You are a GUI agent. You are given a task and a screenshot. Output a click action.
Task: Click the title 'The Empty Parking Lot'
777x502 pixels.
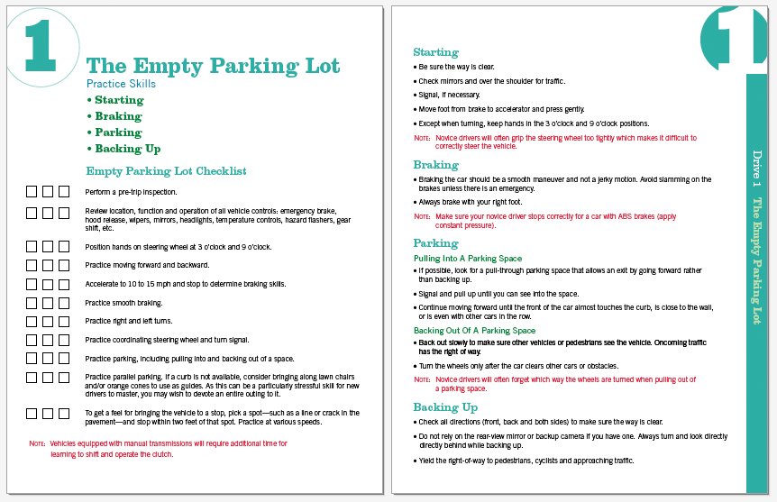point(213,66)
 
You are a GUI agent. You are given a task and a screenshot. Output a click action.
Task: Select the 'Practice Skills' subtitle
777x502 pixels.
point(121,84)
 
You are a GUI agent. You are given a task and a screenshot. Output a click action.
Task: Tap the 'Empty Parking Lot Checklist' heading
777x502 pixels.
point(166,170)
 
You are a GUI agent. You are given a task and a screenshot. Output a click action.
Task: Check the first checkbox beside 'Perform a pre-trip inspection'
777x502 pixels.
point(32,191)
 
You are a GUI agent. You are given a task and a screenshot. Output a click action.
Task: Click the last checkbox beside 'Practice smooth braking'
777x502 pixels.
point(64,303)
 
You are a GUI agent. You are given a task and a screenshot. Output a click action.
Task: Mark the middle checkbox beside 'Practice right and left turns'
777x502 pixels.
point(48,321)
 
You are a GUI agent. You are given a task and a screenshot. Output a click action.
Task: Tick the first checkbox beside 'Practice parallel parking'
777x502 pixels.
point(32,377)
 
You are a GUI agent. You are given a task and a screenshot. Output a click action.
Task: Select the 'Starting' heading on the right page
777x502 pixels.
point(435,52)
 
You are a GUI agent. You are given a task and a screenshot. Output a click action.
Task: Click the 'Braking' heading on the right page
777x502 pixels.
point(435,165)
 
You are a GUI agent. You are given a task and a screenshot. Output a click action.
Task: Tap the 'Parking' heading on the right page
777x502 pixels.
point(435,243)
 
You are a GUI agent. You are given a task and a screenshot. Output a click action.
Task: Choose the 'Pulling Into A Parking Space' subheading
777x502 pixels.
point(467,259)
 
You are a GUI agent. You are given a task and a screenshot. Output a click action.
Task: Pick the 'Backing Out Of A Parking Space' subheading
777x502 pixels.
point(474,331)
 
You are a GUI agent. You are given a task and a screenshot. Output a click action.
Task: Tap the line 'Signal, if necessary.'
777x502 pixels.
point(450,95)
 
